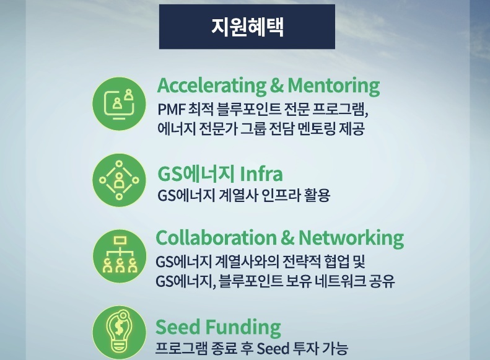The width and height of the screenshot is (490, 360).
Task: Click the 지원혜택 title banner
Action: pyautogui.click(x=247, y=27)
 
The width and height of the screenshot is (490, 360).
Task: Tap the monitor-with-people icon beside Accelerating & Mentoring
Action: pyautogui.click(x=119, y=103)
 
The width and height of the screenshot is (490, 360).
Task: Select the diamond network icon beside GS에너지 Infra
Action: pyautogui.click(x=119, y=180)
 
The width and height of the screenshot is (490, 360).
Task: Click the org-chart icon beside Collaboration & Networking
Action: pyautogui.click(x=120, y=257)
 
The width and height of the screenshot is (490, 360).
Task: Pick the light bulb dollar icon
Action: pyautogui.click(x=120, y=333)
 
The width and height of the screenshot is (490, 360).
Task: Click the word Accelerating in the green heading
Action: pyautogui.click(x=212, y=86)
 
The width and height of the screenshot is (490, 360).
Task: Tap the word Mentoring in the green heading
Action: pyautogui.click(x=333, y=86)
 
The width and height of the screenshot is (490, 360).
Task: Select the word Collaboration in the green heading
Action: pyautogui.click(x=216, y=237)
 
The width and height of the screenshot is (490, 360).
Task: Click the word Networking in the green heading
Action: pyautogui.click(x=351, y=238)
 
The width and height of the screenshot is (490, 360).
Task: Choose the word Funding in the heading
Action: pyautogui.click(x=243, y=327)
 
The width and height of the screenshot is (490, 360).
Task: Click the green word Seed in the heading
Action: pyautogui.click(x=178, y=327)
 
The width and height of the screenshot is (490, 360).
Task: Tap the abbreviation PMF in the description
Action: pyautogui.click(x=171, y=109)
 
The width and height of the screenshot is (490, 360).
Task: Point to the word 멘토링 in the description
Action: pyautogui.click(x=317, y=128)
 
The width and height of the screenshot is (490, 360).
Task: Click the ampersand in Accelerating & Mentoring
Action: pyautogui.click(x=276, y=86)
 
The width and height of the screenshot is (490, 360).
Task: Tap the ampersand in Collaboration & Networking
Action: pyautogui.click(x=287, y=238)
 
